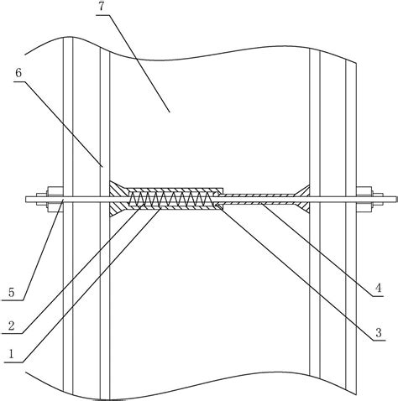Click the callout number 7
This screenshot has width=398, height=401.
click(x=102, y=7)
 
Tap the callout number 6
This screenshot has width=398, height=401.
click(x=18, y=73)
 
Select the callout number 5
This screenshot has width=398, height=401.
click(x=11, y=293)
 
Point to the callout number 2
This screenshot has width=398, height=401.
click(x=11, y=326)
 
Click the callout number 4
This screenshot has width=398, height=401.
click(x=379, y=288)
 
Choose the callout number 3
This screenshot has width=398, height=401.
click(x=379, y=333)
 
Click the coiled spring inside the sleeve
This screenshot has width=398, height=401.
click(x=171, y=199)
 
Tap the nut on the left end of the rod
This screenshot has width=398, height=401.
click(x=55, y=199)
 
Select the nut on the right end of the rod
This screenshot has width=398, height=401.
click(x=364, y=199)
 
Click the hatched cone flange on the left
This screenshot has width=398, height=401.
click(x=118, y=199)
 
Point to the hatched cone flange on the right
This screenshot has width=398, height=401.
click(x=301, y=199)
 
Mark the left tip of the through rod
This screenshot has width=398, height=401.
click(x=26, y=199)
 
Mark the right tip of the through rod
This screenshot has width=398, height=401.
click(x=397, y=199)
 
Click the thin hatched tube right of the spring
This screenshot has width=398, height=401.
click(x=258, y=199)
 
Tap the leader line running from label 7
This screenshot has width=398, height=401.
click(x=134, y=63)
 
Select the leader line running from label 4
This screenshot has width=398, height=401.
click(x=319, y=250)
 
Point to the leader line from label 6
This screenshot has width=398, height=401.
click(x=58, y=124)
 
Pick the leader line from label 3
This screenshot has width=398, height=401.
click(x=297, y=273)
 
